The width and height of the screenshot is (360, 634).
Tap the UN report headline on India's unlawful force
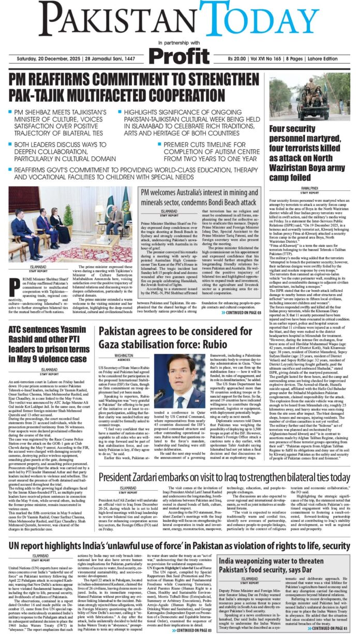point(179,545)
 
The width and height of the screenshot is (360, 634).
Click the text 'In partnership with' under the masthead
point(179,42)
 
